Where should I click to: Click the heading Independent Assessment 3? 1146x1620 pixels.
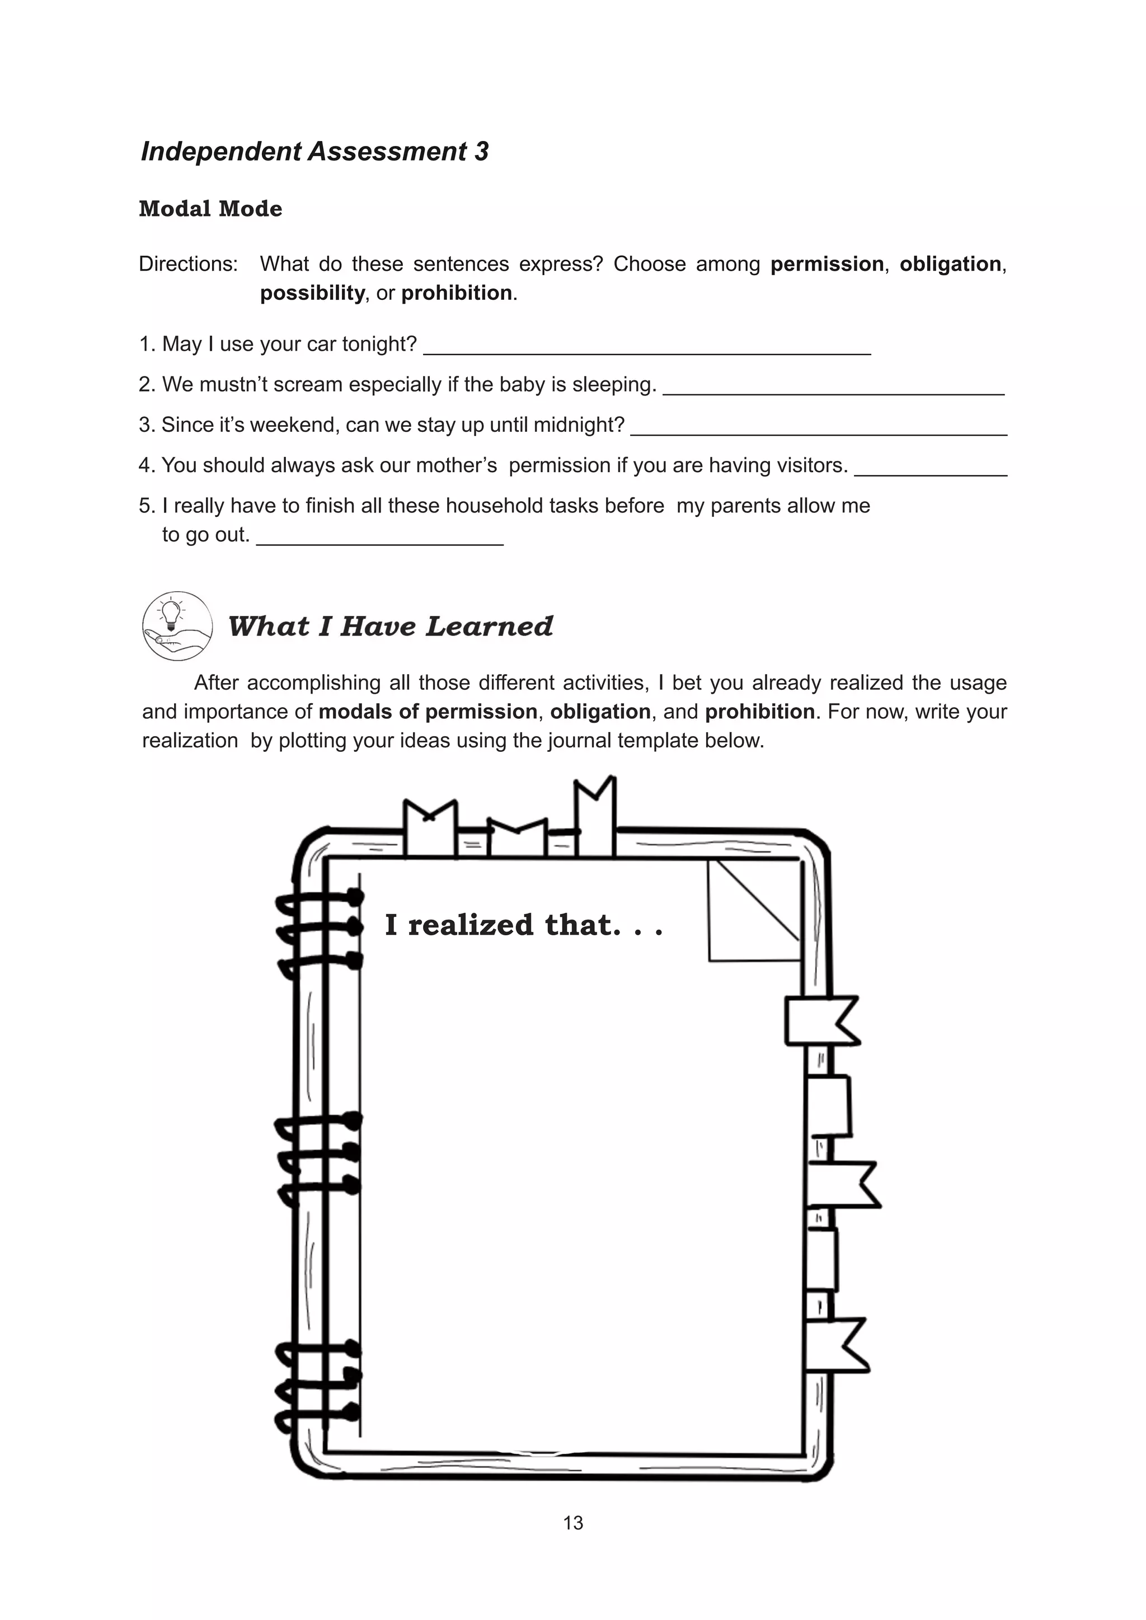314,152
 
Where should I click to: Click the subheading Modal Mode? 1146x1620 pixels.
210,209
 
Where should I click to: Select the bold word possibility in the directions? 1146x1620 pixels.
312,293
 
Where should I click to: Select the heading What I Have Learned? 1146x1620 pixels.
390,627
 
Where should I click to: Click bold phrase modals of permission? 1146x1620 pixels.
428,711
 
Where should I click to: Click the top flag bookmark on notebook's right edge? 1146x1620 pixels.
821,1020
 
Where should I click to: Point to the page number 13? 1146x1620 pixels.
573,1523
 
